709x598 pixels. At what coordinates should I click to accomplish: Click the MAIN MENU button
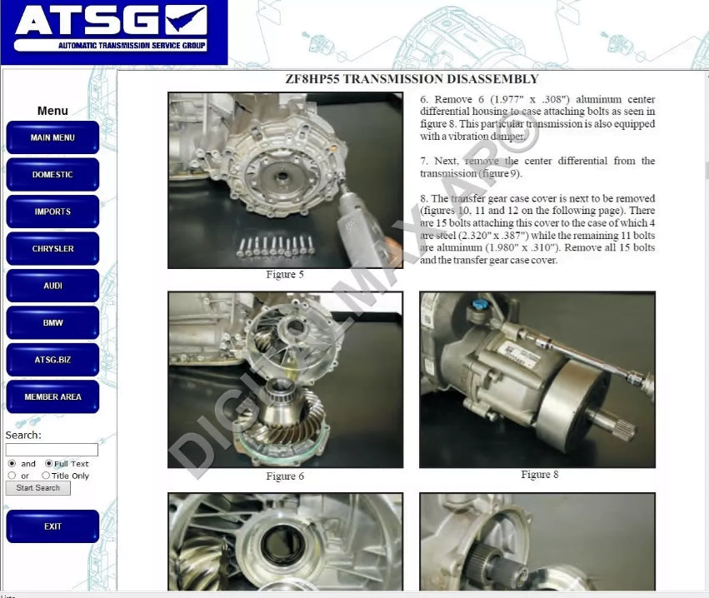pos(52,137)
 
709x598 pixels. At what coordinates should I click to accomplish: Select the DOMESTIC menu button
pos(52,175)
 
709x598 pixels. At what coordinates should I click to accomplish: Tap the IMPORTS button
pos(52,212)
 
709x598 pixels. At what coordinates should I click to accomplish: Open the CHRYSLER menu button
pos(52,249)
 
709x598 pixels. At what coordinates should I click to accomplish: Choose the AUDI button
pos(52,286)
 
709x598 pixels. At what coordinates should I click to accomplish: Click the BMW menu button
pos(52,323)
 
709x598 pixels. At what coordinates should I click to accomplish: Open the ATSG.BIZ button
pos(52,360)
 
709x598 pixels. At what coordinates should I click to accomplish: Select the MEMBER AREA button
pos(52,397)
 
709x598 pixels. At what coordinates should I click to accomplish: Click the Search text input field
pos(52,450)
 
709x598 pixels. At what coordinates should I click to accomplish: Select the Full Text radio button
pos(49,464)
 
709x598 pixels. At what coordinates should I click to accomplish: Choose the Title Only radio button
pos(46,476)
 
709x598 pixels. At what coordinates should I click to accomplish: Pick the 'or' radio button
pos(12,476)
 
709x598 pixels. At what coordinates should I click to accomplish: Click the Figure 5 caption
pos(285,275)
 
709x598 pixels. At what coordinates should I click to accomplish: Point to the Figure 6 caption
pos(285,476)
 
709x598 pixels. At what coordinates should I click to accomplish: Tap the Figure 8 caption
pos(539,475)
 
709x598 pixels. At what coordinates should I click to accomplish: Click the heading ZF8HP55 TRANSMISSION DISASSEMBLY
pos(412,79)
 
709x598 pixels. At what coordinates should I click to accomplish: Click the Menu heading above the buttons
pos(52,111)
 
